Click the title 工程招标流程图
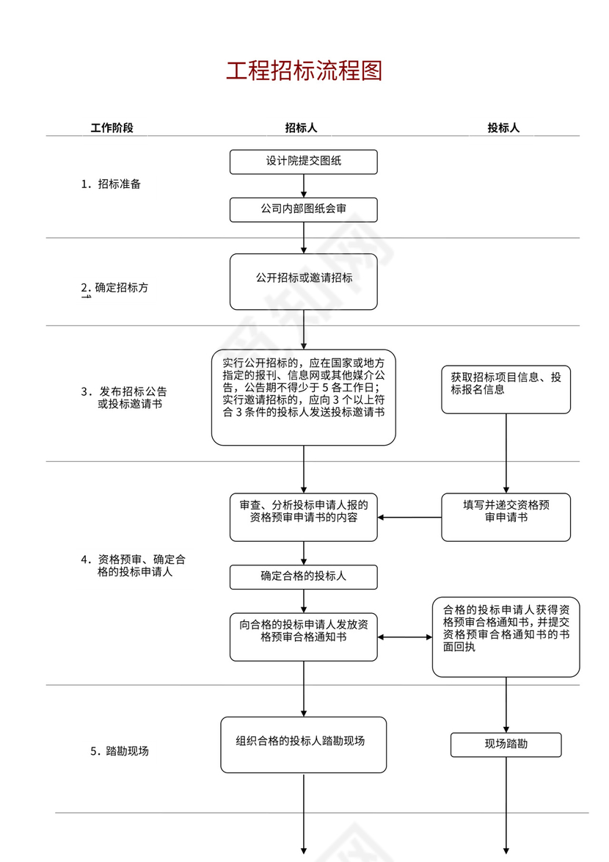[x=304, y=71]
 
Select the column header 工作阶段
[x=112, y=128]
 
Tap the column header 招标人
[x=301, y=128]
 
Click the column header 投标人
[x=503, y=128]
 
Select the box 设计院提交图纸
[x=304, y=162]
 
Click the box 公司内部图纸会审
[x=304, y=209]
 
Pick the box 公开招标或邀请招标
[x=304, y=281]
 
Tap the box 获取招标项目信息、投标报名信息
[x=506, y=389]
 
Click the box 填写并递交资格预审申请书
[x=506, y=517]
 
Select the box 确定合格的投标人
[x=304, y=577]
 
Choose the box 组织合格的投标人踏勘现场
[x=304, y=745]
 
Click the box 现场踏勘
[x=506, y=745]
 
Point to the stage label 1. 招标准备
[x=111, y=184]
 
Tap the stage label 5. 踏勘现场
[x=120, y=751]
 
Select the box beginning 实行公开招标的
[x=304, y=397]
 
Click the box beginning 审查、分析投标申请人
[x=304, y=517]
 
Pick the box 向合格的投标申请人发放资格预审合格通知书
[x=304, y=637]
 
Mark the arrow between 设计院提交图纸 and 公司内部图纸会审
[x=304, y=186]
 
